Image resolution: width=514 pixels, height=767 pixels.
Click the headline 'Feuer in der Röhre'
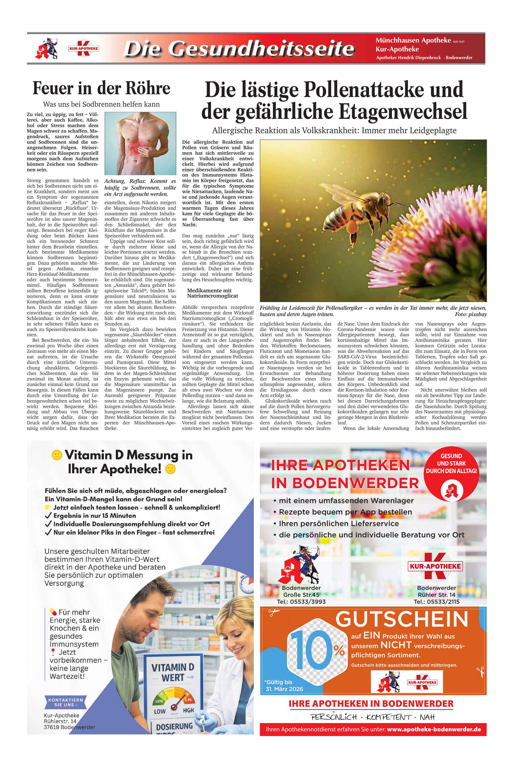pos(101,88)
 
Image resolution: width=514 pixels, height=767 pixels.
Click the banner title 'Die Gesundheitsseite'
pos(239,49)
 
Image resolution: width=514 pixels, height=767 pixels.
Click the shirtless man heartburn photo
pos(140,143)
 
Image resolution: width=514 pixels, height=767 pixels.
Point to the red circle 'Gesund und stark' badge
pos(451,472)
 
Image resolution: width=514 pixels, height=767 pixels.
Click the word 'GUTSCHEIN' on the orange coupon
pos(402,619)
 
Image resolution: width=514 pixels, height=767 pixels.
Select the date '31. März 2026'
pos(284,689)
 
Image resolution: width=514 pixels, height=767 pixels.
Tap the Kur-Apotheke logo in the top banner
pos(84,49)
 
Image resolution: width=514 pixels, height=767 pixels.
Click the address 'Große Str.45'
pos(301,595)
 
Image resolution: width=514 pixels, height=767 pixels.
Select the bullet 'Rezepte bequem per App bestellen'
pos(345,512)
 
